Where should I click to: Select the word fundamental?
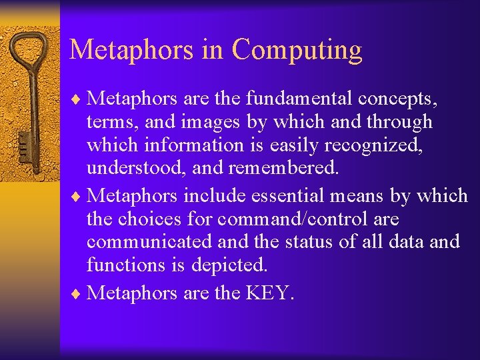299,99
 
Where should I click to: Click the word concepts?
397,99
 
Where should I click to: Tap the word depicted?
229,265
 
